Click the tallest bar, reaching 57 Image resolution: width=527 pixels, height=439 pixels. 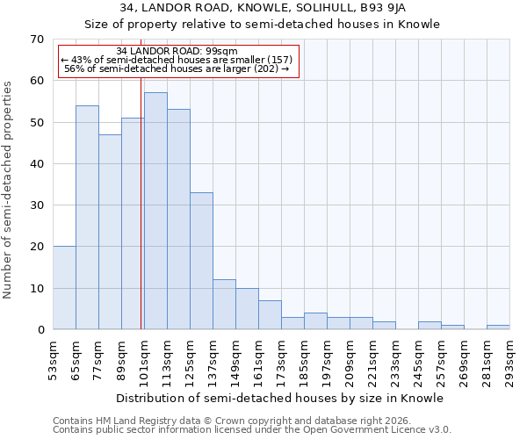(155, 211)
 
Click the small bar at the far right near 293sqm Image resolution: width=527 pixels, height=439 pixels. (498, 327)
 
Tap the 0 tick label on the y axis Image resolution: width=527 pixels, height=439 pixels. (40, 330)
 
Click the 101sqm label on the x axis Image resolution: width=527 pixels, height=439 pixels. (144, 359)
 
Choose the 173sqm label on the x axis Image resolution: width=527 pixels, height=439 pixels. (281, 359)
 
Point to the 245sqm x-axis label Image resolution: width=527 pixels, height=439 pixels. (418, 359)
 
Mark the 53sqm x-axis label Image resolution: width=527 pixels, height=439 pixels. (53, 359)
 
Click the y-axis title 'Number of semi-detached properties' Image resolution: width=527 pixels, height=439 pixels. (9, 189)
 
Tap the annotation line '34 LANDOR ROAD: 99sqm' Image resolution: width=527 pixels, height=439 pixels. (177, 52)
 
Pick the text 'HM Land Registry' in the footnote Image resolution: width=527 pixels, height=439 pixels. (137, 421)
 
